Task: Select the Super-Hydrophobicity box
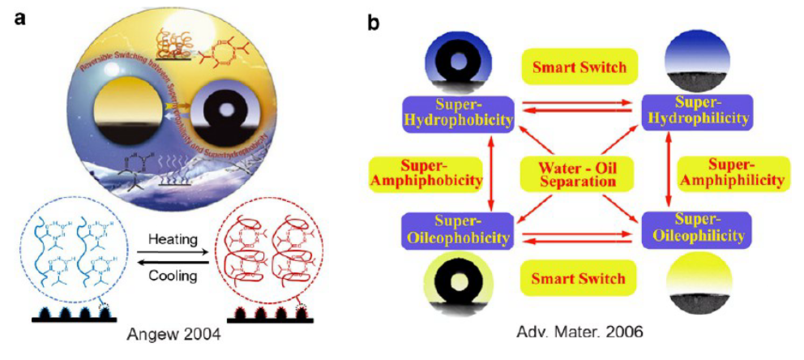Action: point(459,113)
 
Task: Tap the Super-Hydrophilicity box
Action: point(697,113)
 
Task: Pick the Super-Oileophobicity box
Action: point(459,229)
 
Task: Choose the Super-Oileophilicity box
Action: point(697,229)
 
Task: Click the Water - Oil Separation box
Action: point(578,171)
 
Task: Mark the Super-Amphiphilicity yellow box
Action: point(733,171)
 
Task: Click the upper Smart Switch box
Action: point(578,66)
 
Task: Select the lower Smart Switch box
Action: point(578,279)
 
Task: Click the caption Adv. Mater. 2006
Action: point(584,332)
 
